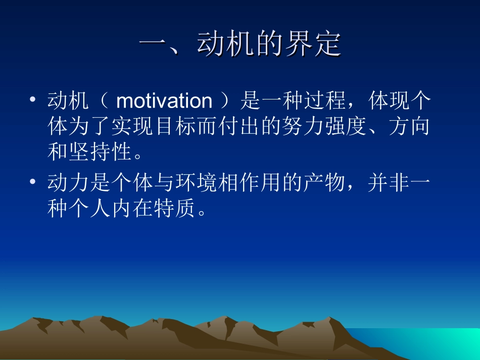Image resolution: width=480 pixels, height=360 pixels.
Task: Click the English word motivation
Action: [164, 101]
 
